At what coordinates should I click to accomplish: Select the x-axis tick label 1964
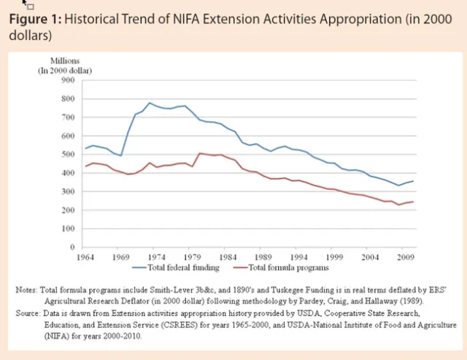point(85,257)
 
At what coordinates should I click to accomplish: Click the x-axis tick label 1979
point(192,257)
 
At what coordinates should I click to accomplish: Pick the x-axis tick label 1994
point(298,257)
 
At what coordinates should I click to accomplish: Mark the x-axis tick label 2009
point(405,257)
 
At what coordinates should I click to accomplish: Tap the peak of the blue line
point(150,103)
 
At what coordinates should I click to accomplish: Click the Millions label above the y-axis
point(66,60)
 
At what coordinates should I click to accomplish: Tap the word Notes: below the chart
point(30,290)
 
